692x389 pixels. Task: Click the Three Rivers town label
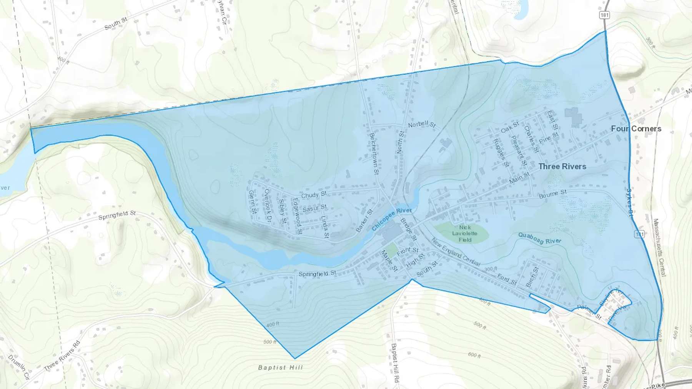click(x=562, y=166)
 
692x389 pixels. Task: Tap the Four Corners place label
click(x=636, y=129)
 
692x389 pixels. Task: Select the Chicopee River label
click(x=392, y=219)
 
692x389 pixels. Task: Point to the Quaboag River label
click(x=539, y=238)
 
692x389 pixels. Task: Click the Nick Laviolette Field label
click(x=465, y=233)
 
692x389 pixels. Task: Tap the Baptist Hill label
click(x=280, y=367)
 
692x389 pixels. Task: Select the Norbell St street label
click(x=422, y=124)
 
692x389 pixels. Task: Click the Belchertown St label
click(x=374, y=153)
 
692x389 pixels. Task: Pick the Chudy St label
click(x=314, y=195)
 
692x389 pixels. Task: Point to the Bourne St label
click(x=552, y=194)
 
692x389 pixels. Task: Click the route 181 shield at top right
click(x=604, y=15)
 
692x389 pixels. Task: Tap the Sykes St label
click(x=629, y=203)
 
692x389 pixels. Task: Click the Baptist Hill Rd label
click(x=395, y=363)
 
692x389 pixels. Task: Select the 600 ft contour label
click(x=474, y=355)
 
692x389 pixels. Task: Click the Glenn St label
click(x=252, y=202)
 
